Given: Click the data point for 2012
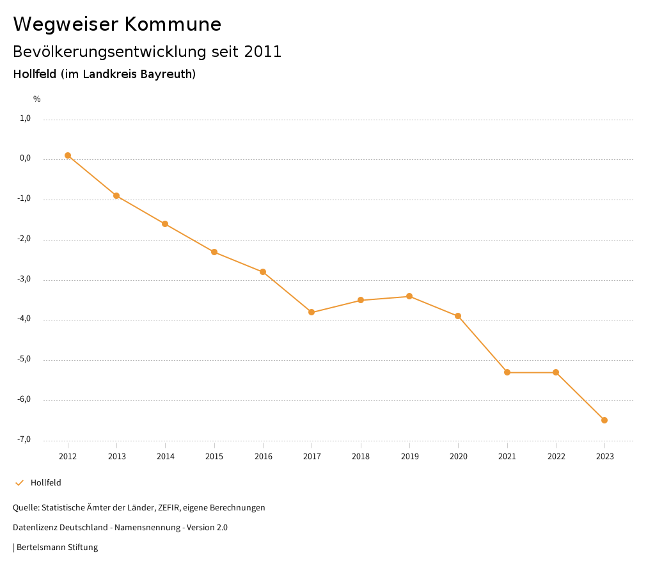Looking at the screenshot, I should pos(68,155).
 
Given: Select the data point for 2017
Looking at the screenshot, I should pos(312,312).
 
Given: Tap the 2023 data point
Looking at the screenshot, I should pos(604,420).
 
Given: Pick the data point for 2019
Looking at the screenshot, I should pos(409,296).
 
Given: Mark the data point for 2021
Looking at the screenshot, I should pos(507,372).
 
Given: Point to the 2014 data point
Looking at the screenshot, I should pos(165,224).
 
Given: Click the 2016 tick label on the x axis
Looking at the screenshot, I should pos(263,457).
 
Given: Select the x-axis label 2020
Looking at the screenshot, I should pos(458,457).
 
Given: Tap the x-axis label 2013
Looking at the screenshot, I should pos(116,457).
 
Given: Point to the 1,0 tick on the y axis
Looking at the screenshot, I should pos(26,118).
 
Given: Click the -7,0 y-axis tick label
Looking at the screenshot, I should pos(24,439).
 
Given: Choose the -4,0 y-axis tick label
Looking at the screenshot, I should pos(24,319).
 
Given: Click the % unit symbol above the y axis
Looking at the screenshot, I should pos(37,99).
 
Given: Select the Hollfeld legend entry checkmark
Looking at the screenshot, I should pos(19,483).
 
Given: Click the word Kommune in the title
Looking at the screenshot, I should pos(173,24).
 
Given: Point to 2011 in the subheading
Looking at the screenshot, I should pos(263,52).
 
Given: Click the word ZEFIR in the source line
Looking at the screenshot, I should pos(168,508).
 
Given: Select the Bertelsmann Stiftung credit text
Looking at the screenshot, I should pos(57,548).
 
